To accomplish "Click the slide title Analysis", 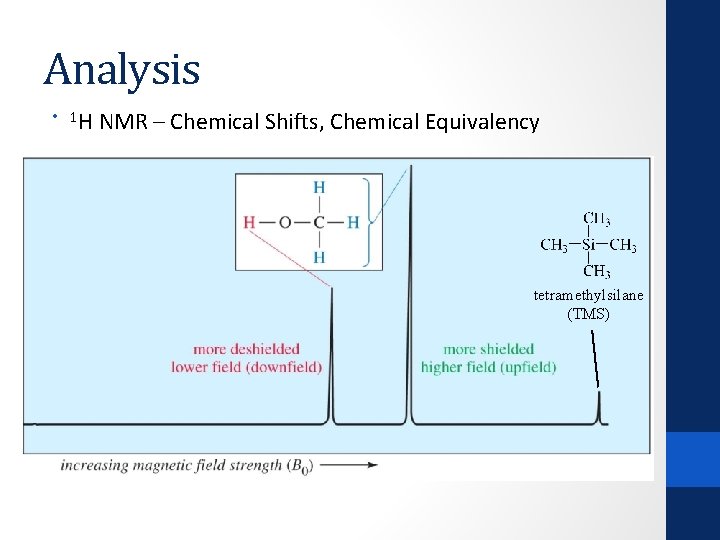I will pos(122,70).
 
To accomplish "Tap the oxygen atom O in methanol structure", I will pos(285,222).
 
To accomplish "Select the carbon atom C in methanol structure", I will pos(319,222).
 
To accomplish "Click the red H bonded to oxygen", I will pos(249,222).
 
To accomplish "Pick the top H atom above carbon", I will pos(319,187).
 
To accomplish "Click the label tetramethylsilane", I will pos(588,295).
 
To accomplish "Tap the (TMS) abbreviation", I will pos(588,313).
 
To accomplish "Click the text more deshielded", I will pos(246,349).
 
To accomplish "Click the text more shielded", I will pos(488,349).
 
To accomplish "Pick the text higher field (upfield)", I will pos(488,367).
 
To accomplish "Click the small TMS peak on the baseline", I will pos(599,408).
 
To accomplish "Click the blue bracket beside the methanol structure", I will pos(376,223).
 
